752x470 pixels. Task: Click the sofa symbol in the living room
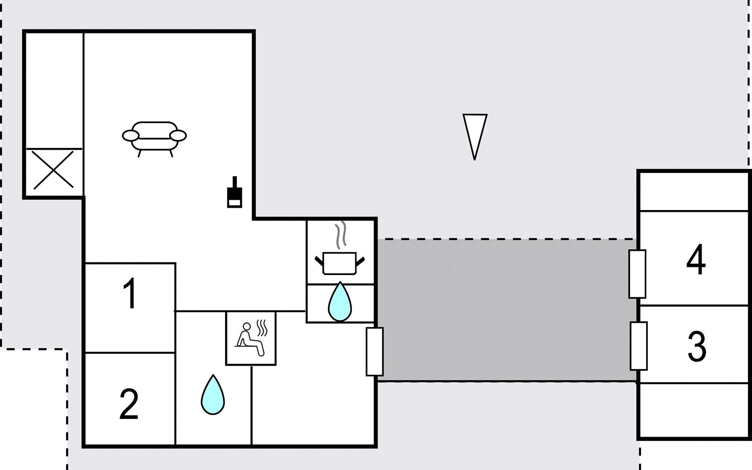[154, 137]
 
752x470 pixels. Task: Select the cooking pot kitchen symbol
[340, 263]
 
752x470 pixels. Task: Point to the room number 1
[130, 293]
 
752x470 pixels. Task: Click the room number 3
[697, 346]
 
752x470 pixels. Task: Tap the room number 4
[696, 260]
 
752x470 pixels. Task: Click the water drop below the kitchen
[340, 302]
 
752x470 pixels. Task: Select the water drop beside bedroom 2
[213, 396]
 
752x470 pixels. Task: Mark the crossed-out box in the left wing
[53, 170]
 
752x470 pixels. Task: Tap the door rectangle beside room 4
[637, 274]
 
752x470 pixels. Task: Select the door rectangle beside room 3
[638, 346]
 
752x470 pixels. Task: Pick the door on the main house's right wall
[374, 352]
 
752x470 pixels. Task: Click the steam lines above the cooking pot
[342, 235]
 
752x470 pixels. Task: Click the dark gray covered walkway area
[505, 309]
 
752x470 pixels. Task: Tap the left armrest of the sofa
[130, 136]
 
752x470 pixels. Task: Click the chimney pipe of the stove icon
[235, 183]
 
